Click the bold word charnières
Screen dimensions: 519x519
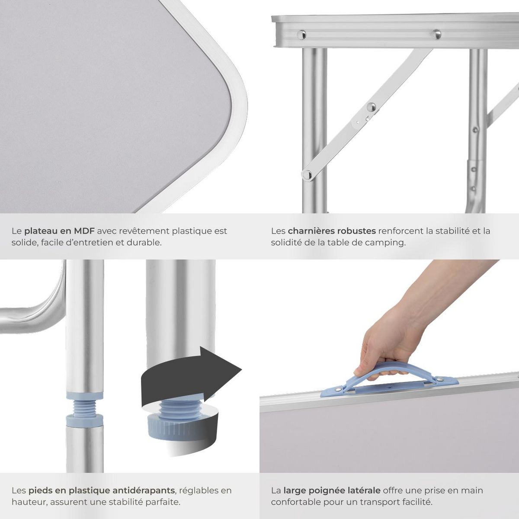pos(311,231)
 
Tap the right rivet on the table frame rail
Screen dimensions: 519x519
pos(436,33)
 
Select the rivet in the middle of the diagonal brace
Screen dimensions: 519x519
pos(371,106)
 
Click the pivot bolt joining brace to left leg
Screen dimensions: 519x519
pos(307,174)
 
